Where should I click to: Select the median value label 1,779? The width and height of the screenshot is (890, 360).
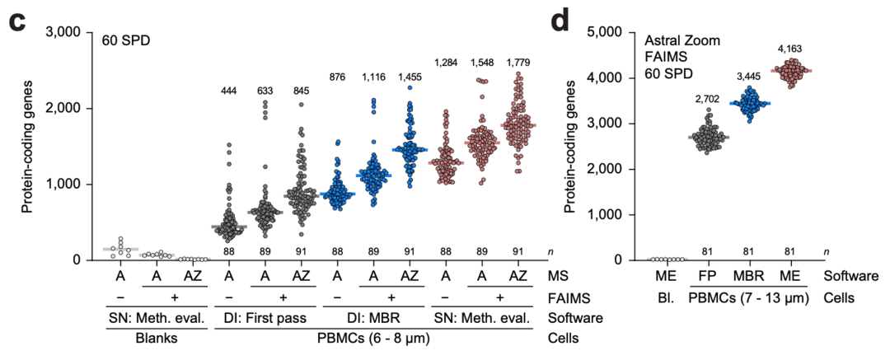pos(518,61)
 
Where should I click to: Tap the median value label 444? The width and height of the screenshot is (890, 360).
pos(229,91)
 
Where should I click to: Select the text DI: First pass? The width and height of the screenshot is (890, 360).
pos(265,319)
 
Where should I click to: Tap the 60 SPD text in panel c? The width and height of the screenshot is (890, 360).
pos(124,41)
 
